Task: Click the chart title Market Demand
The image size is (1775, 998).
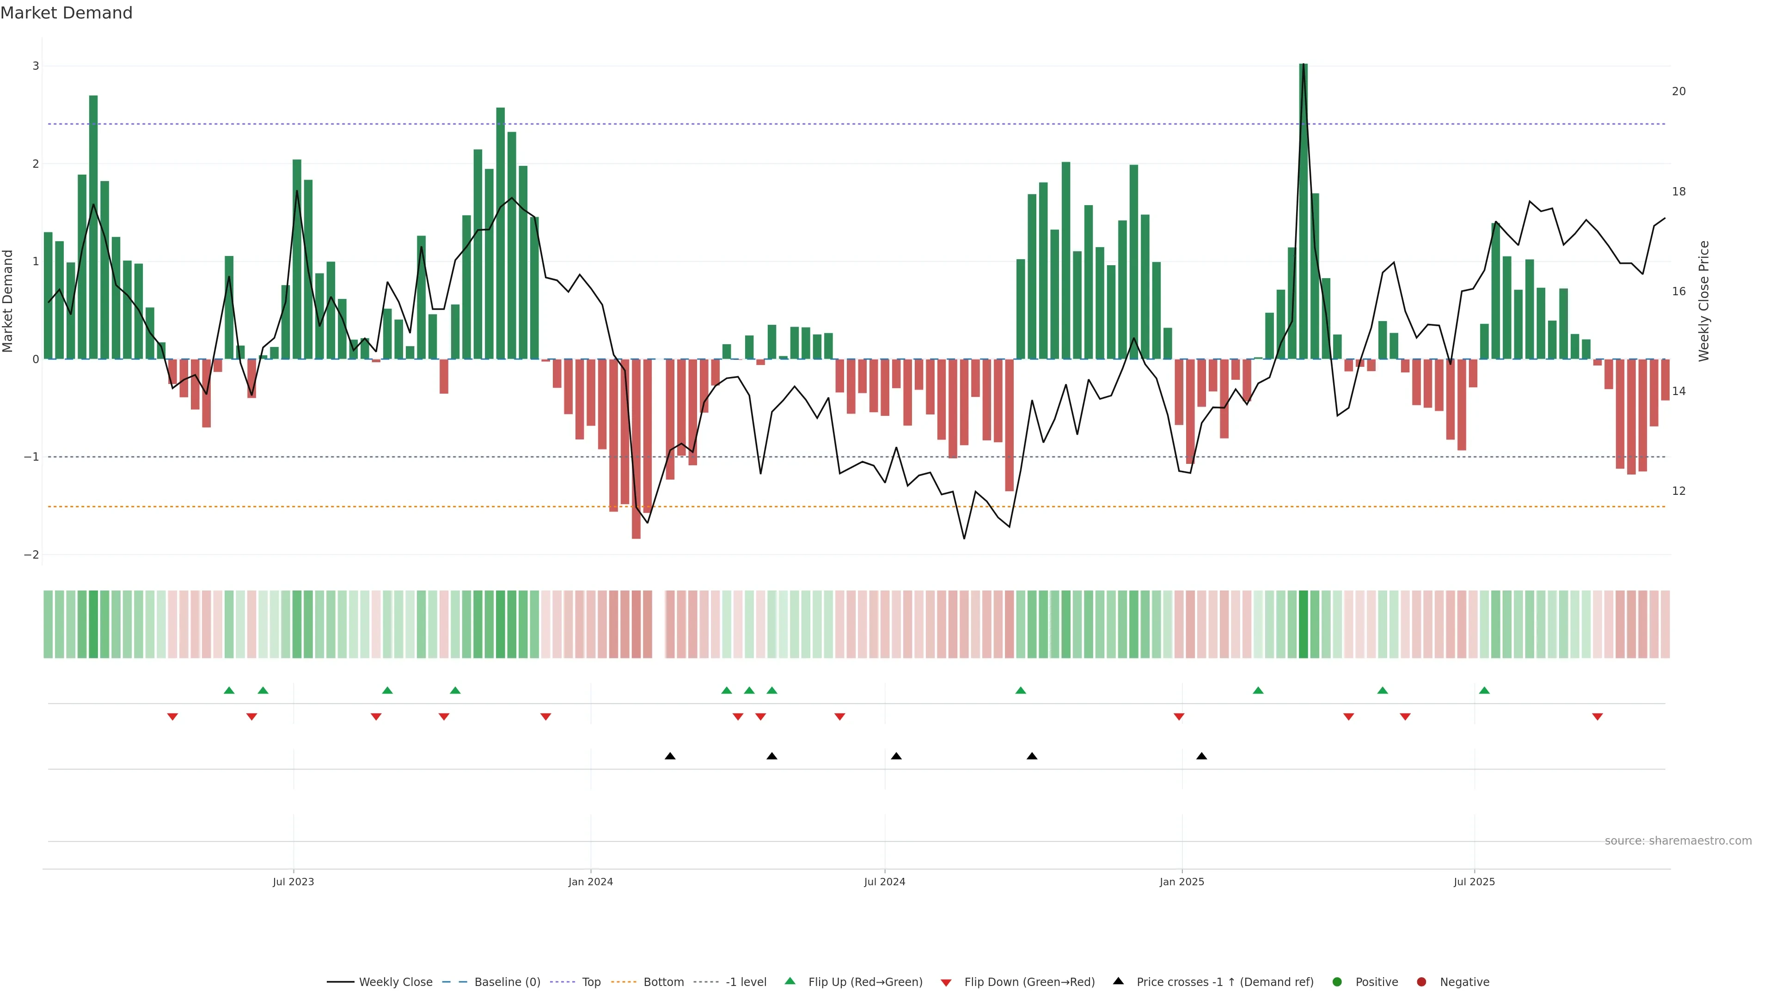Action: [66, 13]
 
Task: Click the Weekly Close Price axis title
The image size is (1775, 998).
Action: [1703, 301]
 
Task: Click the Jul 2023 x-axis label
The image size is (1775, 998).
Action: [293, 882]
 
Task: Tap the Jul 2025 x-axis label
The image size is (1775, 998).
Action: [1474, 882]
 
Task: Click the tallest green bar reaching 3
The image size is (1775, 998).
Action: [1303, 207]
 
